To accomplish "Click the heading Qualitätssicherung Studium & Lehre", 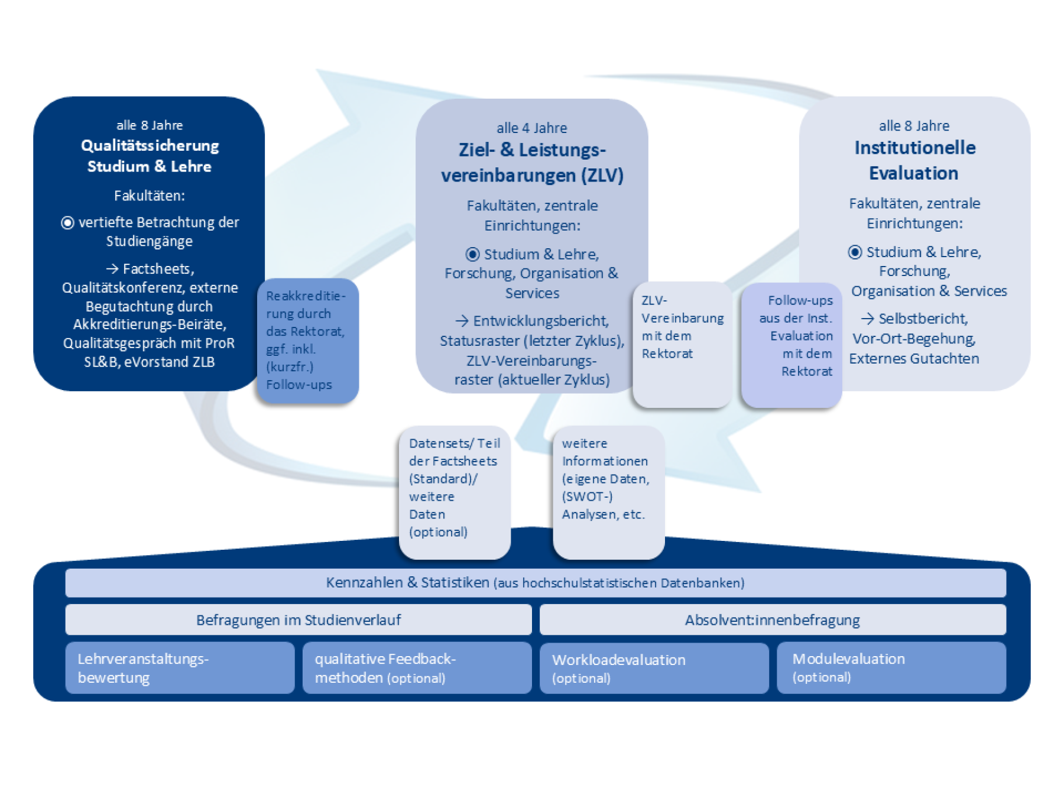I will pyautogui.click(x=150, y=156).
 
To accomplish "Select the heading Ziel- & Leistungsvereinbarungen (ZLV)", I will pyautogui.click(x=532, y=163).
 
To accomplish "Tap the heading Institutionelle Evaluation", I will pyautogui.click(x=914, y=160).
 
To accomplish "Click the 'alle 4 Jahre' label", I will pyautogui.click(x=531, y=128).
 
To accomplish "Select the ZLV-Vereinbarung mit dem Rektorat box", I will pyautogui.click(x=682, y=344).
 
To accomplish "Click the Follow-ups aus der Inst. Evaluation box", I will pyautogui.click(x=791, y=344).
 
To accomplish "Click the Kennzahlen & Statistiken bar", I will pyautogui.click(x=535, y=583).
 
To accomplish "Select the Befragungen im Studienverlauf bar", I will pyautogui.click(x=299, y=620).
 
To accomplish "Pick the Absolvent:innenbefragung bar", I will pyautogui.click(x=772, y=620).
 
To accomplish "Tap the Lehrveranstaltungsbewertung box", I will pyautogui.click(x=180, y=668).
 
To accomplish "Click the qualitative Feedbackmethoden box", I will pyautogui.click(x=417, y=668).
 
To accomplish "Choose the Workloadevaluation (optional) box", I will pyautogui.click(x=654, y=668).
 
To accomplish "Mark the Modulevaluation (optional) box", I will pyautogui.click(x=891, y=668).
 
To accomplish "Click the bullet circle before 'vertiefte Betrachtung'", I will pyautogui.click(x=67, y=223).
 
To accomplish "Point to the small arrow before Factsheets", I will pyautogui.click(x=112, y=269).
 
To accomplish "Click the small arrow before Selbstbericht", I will pyautogui.click(x=867, y=319).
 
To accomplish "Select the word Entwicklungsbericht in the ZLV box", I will pyautogui.click(x=540, y=321).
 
